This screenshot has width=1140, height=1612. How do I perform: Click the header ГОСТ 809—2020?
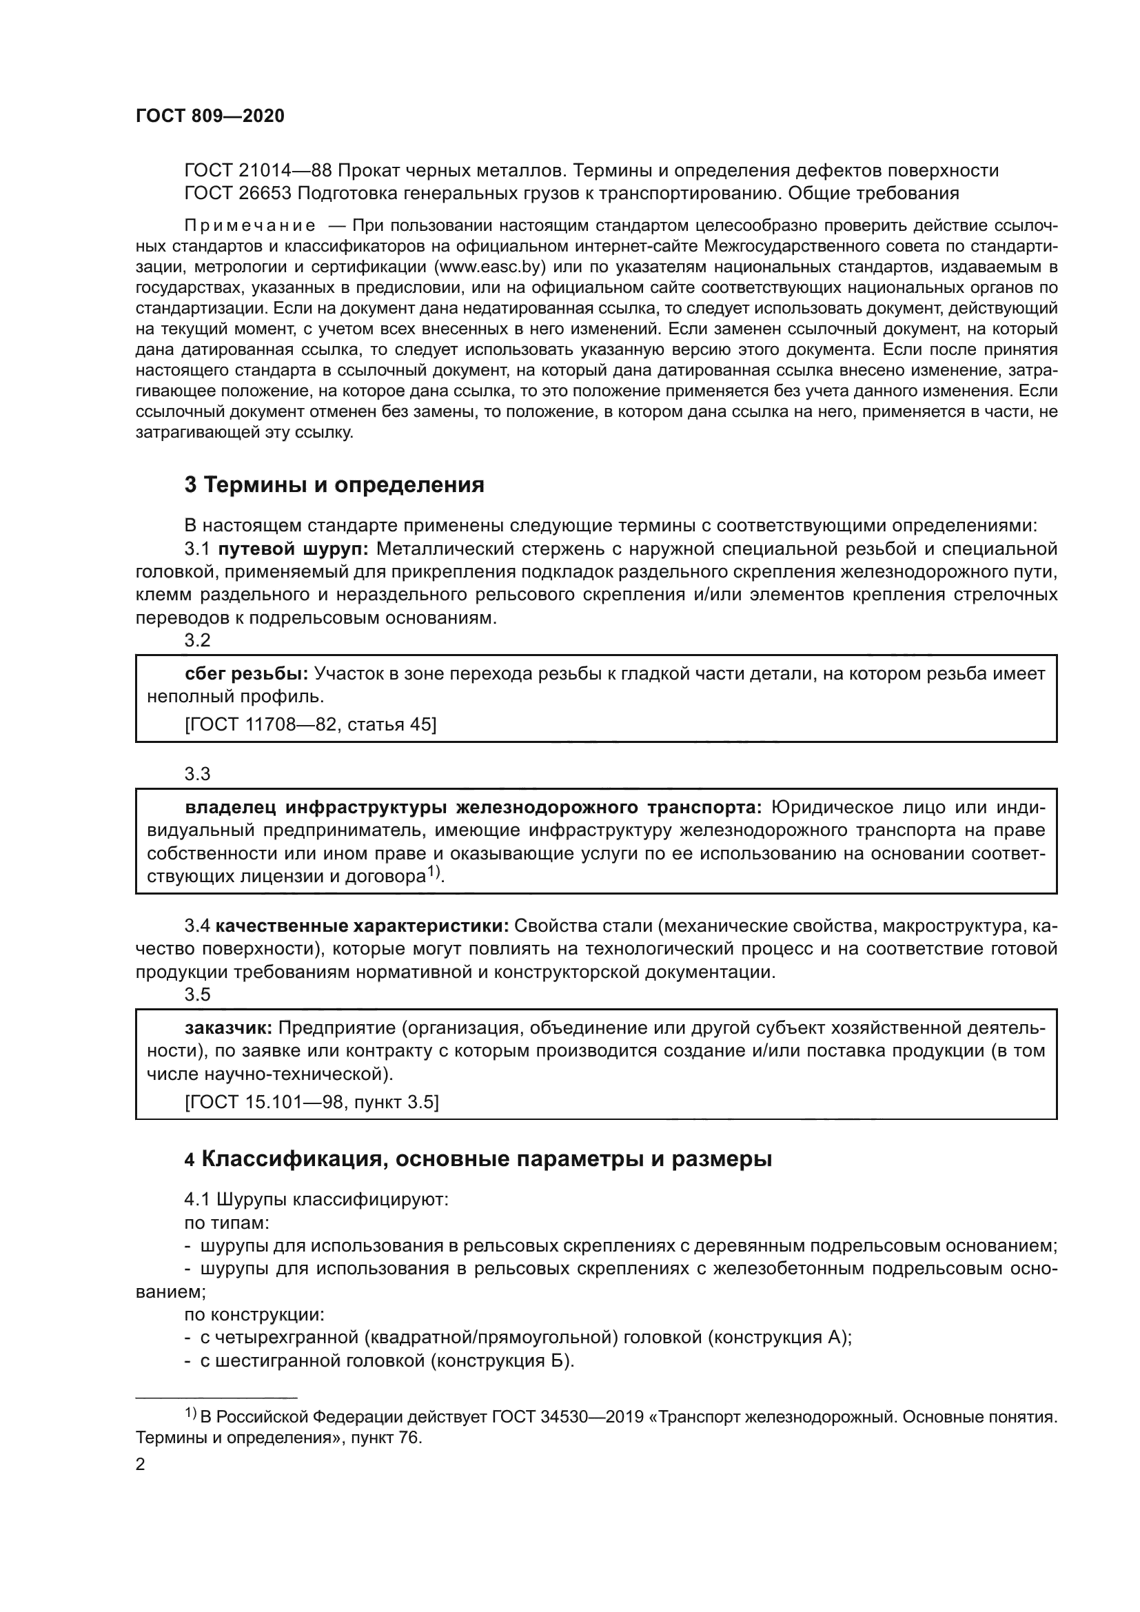coord(210,116)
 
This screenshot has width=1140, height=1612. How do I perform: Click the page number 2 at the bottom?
coord(141,1465)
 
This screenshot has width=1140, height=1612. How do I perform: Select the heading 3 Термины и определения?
coord(334,484)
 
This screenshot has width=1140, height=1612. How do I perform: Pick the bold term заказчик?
coord(229,1028)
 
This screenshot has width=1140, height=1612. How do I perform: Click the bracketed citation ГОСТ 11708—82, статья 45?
coord(310,724)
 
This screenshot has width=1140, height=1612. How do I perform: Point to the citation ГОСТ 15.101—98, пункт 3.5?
coord(312,1102)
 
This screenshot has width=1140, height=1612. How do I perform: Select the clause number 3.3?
coord(197,774)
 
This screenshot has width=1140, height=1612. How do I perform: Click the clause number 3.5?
coord(197,994)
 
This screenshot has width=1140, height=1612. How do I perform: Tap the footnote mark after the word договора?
coord(433,872)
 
